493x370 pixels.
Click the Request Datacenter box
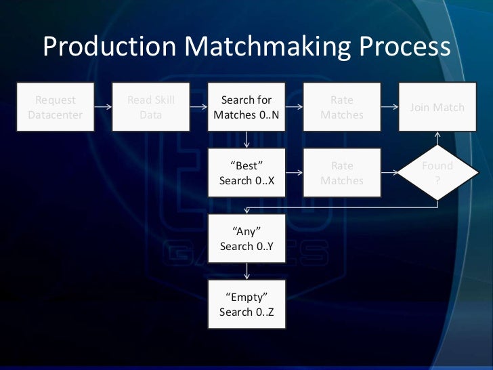(x=55, y=107)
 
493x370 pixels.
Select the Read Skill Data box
(x=150, y=107)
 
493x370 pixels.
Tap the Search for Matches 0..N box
(x=246, y=107)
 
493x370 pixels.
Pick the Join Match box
(x=437, y=107)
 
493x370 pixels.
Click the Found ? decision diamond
(x=437, y=173)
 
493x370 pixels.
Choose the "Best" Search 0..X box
(x=246, y=173)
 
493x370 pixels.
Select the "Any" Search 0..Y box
(x=246, y=239)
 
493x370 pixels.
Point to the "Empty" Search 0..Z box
(x=246, y=304)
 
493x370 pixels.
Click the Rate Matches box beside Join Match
(x=342, y=107)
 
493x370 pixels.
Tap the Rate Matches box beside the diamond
(x=342, y=173)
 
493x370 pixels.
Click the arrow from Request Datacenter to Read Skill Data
(x=103, y=107)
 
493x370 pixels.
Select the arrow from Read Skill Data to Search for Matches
(x=198, y=107)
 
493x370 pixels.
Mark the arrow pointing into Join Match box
(x=389, y=107)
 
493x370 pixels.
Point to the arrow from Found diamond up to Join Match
(x=437, y=138)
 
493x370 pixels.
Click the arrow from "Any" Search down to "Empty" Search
(x=246, y=271)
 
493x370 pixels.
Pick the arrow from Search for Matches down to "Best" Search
(x=246, y=140)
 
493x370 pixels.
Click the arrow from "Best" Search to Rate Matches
(x=294, y=173)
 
